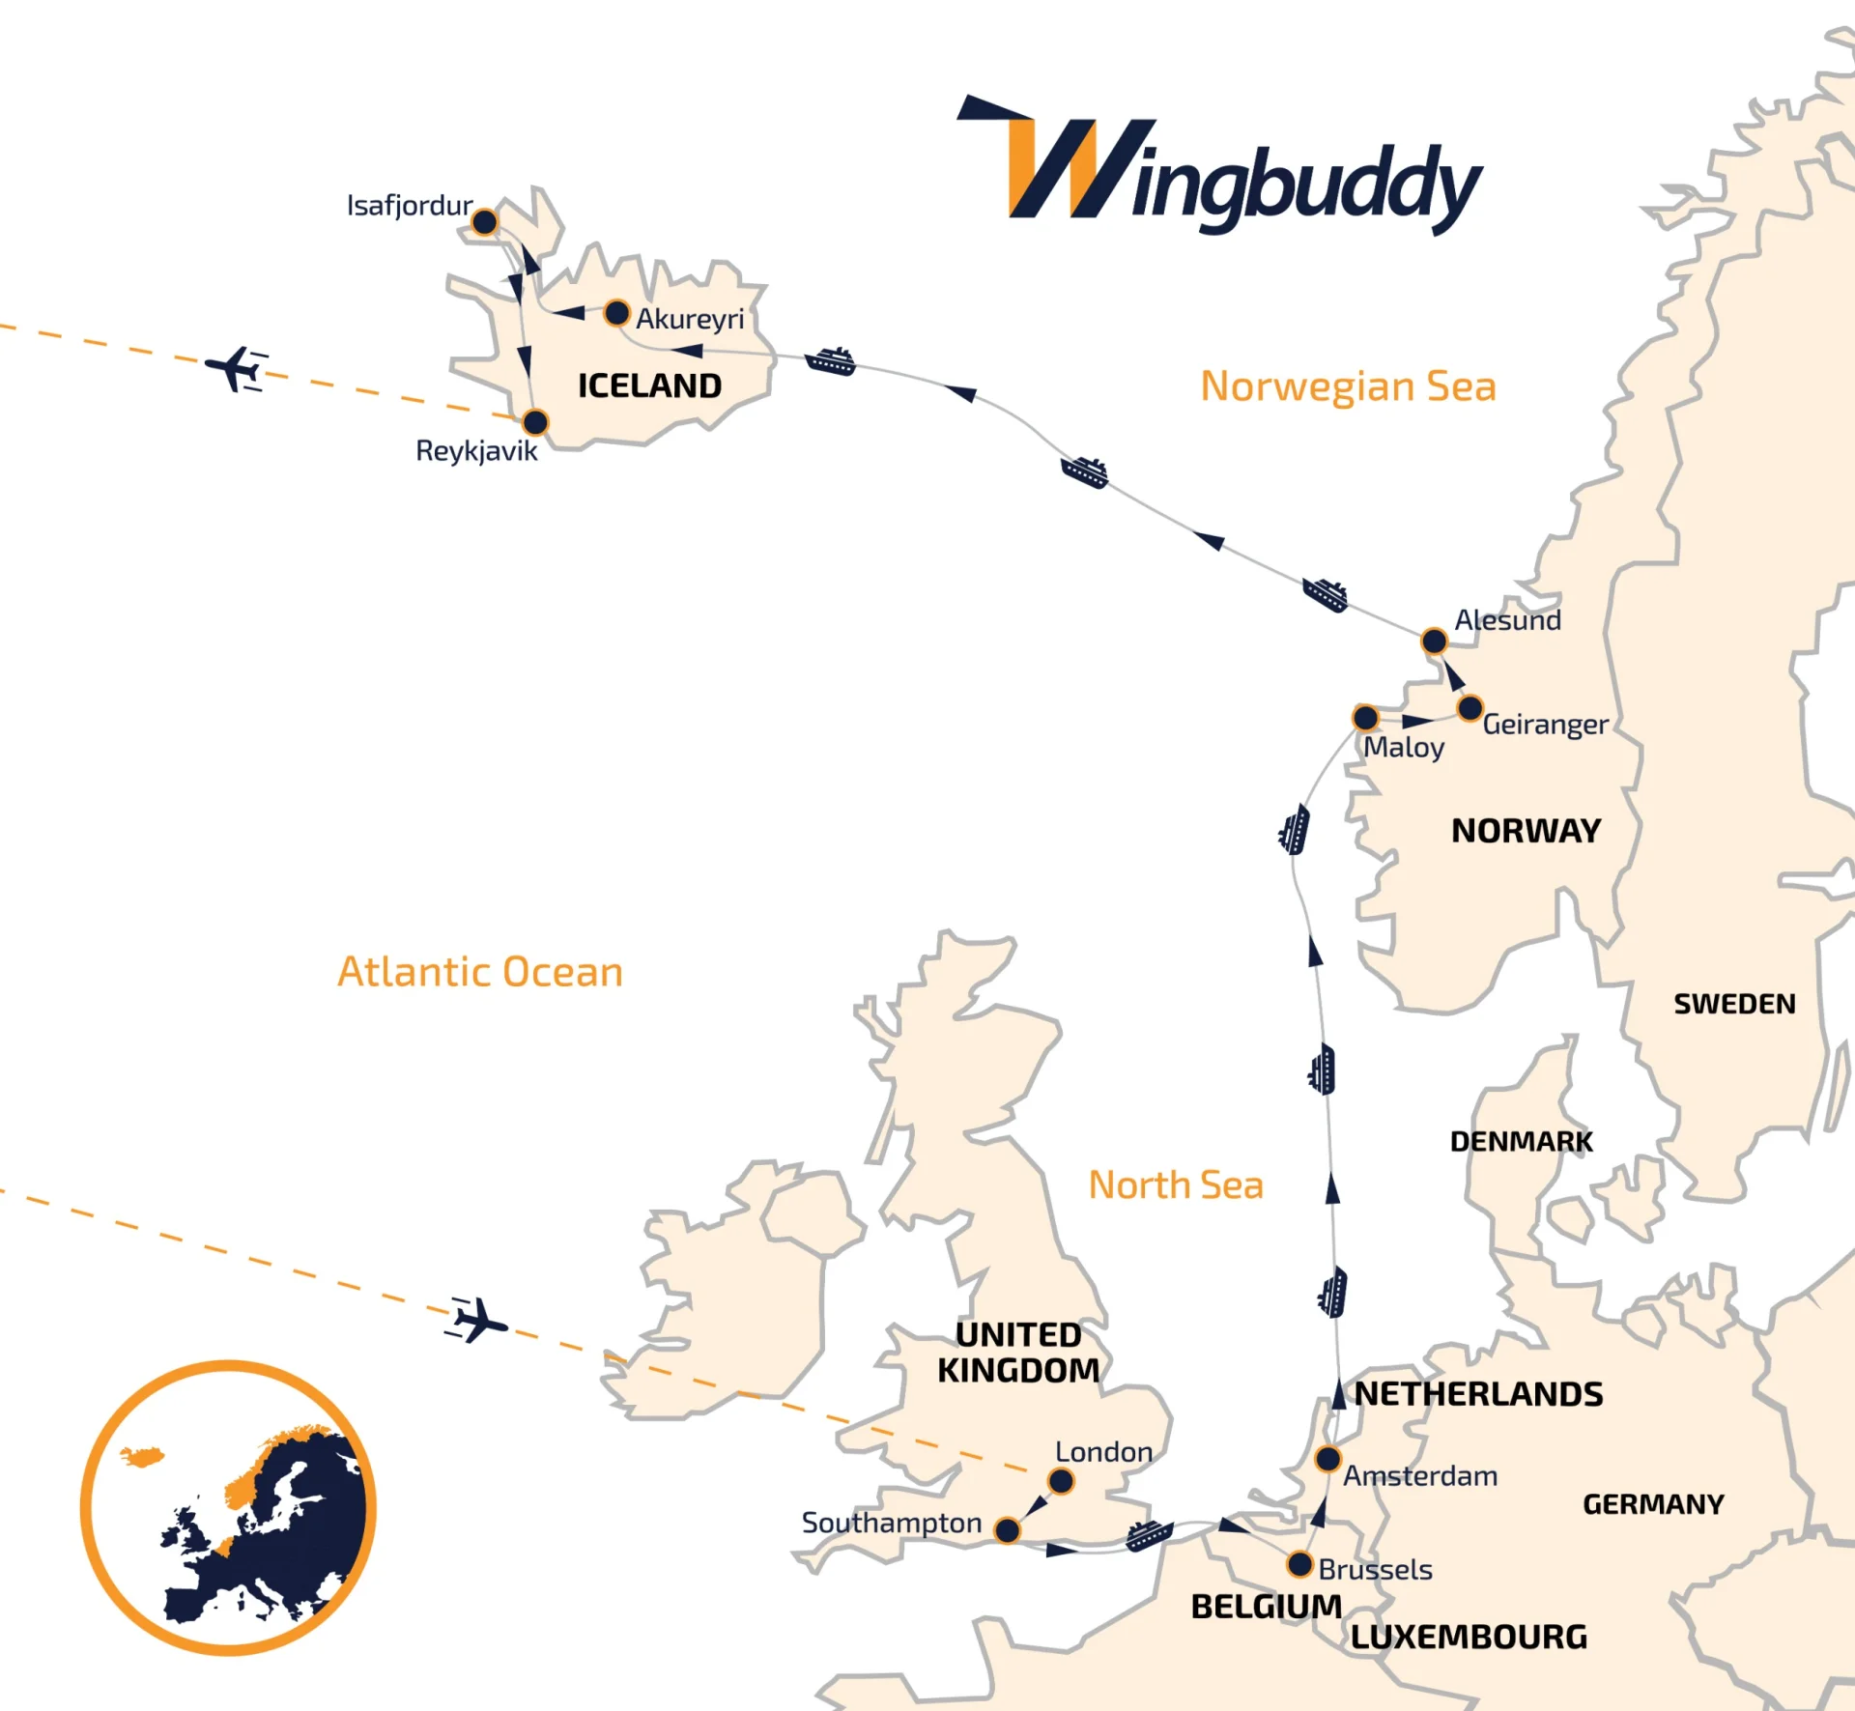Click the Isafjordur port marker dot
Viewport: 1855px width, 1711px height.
(x=484, y=222)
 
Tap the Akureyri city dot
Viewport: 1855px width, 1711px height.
(x=616, y=313)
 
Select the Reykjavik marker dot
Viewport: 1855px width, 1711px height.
(x=534, y=422)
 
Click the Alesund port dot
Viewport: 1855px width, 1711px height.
(x=1434, y=641)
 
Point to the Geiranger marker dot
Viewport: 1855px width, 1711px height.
(x=1470, y=708)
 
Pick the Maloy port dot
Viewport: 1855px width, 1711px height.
(x=1365, y=718)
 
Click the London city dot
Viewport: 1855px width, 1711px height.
(x=1061, y=1480)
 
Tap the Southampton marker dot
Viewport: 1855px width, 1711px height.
(x=1007, y=1530)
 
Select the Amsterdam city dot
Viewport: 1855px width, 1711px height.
(x=1328, y=1458)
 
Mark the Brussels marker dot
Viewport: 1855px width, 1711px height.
(x=1300, y=1564)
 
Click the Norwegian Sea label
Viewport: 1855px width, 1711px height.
(x=1348, y=386)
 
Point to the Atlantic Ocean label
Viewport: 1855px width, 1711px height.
(x=480, y=972)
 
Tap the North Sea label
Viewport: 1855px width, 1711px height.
(x=1176, y=1185)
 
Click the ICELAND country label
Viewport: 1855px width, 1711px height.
(x=649, y=386)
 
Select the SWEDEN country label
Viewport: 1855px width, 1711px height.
(x=1734, y=1004)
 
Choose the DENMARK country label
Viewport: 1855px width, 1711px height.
(x=1521, y=1142)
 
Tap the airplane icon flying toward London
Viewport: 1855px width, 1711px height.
(x=477, y=1320)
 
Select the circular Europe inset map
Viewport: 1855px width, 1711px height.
(x=228, y=1508)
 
